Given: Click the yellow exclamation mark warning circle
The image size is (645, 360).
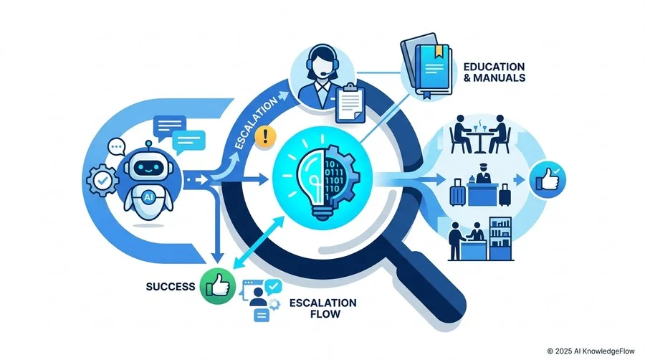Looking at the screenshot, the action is (x=265, y=136).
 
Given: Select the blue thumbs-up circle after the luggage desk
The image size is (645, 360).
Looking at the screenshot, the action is (x=548, y=180).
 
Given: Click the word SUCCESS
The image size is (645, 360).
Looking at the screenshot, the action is (x=171, y=286).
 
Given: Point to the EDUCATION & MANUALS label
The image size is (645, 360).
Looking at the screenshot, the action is (x=494, y=72).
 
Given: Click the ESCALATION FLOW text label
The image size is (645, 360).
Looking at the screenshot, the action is (x=323, y=308).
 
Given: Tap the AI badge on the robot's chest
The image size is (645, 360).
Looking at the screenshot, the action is (x=148, y=197).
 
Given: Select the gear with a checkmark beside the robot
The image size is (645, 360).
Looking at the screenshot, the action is (x=102, y=180).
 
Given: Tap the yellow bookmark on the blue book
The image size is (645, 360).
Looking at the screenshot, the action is (x=439, y=51).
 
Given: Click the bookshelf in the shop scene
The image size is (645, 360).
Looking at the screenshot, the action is (x=500, y=239).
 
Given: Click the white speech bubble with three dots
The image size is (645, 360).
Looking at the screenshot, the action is (x=116, y=147).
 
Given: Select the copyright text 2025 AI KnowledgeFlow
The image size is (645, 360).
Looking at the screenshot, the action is (x=591, y=351).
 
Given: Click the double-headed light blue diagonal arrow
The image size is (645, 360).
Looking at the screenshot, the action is (x=258, y=243).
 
